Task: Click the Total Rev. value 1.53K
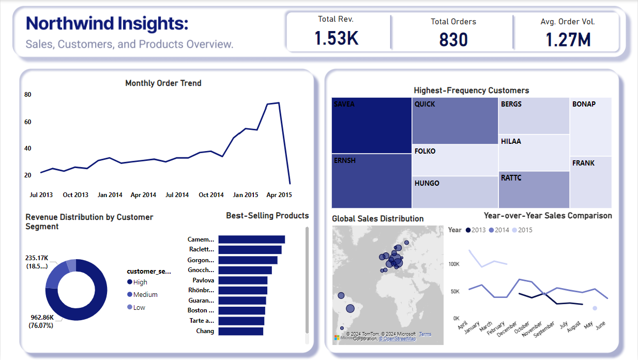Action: tap(337, 38)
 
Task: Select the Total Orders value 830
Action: tap(453, 39)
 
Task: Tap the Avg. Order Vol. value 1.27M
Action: tap(568, 39)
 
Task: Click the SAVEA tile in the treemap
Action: tap(372, 125)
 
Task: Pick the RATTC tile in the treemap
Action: tap(534, 190)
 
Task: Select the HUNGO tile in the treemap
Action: tap(454, 192)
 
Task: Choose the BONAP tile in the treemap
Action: tap(590, 126)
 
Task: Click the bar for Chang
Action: tap(240, 331)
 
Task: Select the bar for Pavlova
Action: tap(242, 280)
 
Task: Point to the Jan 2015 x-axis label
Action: tap(246, 195)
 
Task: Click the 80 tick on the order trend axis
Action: tap(28, 95)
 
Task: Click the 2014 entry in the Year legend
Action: tap(500, 230)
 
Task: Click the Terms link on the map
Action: tap(425, 334)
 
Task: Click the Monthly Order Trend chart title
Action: tap(163, 83)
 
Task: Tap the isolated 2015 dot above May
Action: tap(595, 308)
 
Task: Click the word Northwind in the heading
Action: tap(70, 24)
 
